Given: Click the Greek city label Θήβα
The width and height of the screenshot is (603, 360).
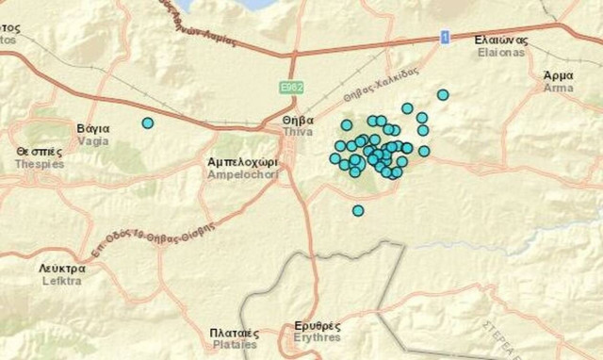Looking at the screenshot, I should (298, 122).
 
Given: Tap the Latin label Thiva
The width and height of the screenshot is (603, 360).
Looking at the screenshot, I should (298, 134).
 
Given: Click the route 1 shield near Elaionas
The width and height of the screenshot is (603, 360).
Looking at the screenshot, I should (445, 37).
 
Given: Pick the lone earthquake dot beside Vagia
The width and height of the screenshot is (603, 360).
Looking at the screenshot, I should (147, 123).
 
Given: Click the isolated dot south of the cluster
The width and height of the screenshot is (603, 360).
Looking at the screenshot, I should (358, 210).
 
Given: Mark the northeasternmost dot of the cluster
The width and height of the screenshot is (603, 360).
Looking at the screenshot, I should (443, 94).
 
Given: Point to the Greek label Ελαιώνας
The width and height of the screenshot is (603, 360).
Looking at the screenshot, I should (502, 40).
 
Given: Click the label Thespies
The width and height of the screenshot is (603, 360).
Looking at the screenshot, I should (39, 163).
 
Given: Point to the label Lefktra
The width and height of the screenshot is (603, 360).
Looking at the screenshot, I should (63, 280).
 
